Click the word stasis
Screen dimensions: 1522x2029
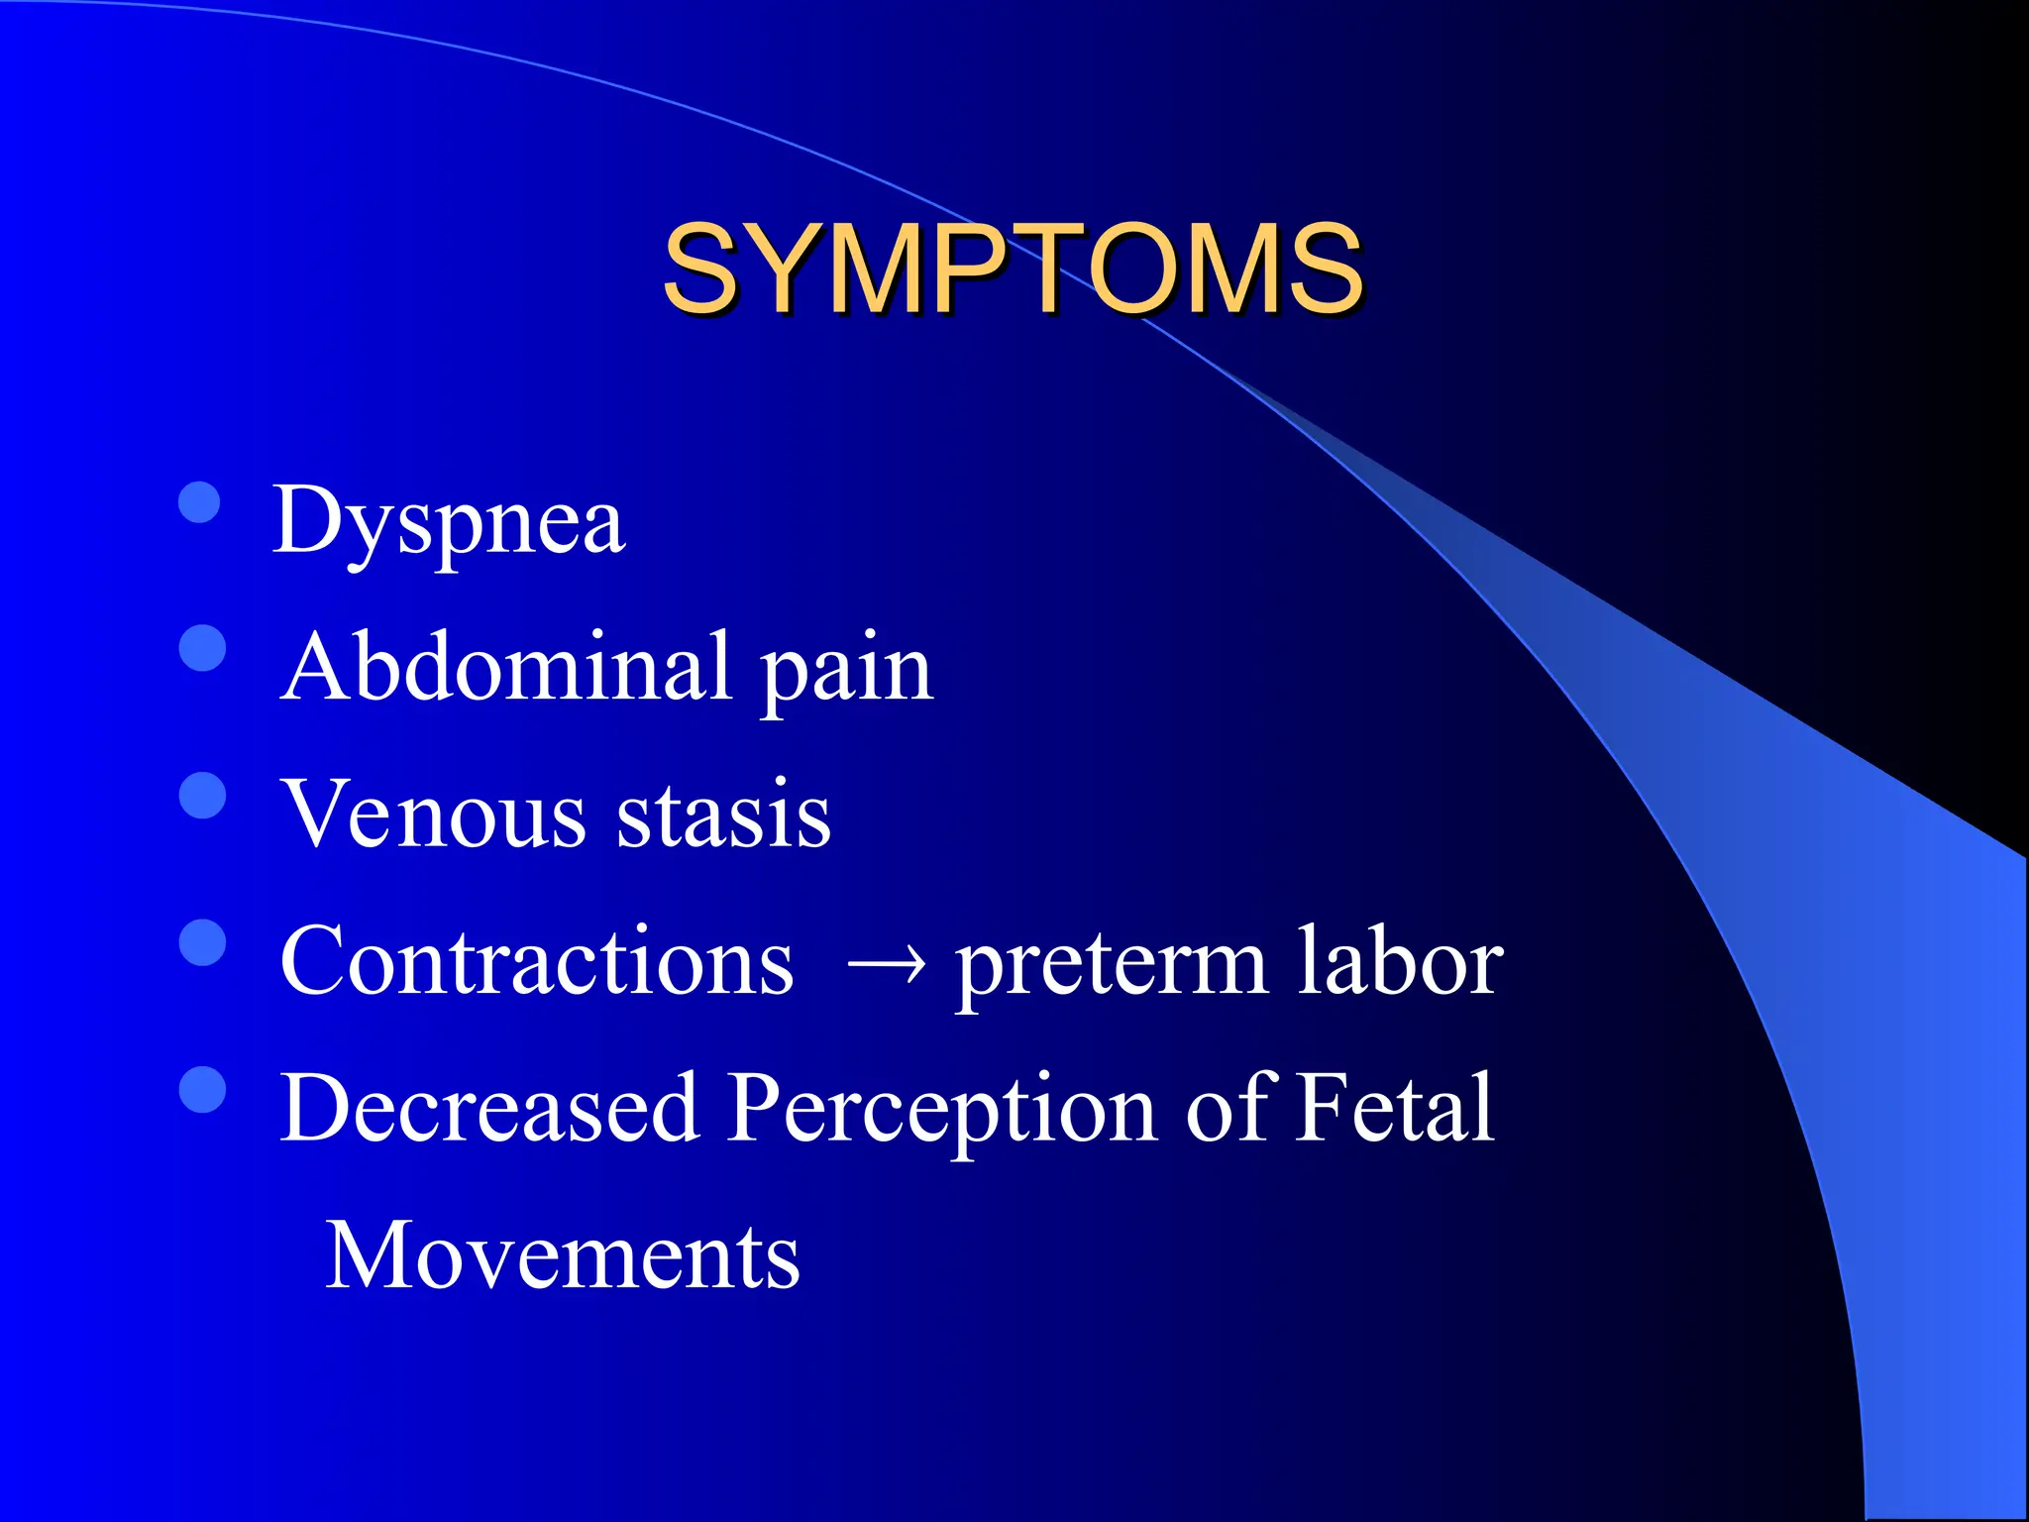pos(723,814)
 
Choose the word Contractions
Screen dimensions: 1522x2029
pos(536,960)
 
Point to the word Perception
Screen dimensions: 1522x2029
pos(941,1110)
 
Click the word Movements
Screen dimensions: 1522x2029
pos(562,1255)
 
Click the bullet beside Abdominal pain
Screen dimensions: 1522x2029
pos(203,648)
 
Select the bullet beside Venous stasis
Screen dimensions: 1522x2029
pos(203,795)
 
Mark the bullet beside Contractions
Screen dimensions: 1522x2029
pos(203,941)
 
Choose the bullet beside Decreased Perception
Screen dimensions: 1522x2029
pos(203,1089)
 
